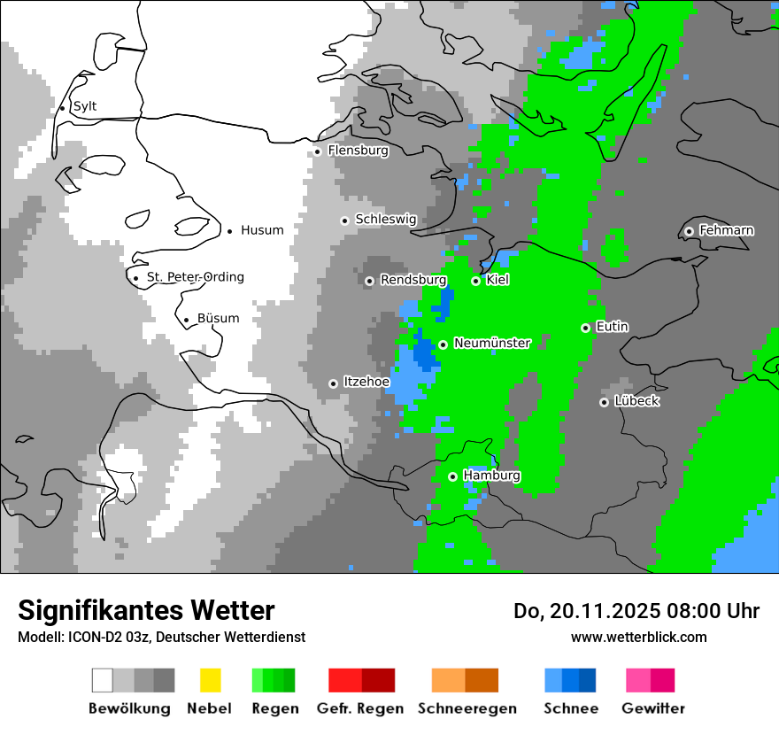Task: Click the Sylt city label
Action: [x=85, y=107]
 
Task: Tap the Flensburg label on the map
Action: [x=358, y=151]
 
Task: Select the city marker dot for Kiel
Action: [x=475, y=281]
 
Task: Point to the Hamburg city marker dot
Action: [x=452, y=476]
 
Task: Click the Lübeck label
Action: [x=636, y=401]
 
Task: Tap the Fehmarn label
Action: [x=726, y=230]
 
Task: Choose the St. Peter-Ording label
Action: [x=195, y=277]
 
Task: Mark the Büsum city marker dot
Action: [x=186, y=321]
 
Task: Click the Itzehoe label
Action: [x=366, y=382]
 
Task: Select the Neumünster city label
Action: [x=492, y=343]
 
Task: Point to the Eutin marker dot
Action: [x=585, y=328]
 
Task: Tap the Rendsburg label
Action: [x=413, y=280]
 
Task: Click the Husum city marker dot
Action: [x=230, y=231]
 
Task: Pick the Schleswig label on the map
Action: [x=385, y=220]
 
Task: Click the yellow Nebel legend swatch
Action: [x=210, y=680]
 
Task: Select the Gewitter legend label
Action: [x=653, y=708]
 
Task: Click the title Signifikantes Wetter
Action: [x=146, y=610]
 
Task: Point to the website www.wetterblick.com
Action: [x=638, y=637]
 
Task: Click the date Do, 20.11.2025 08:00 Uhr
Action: [x=636, y=611]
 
